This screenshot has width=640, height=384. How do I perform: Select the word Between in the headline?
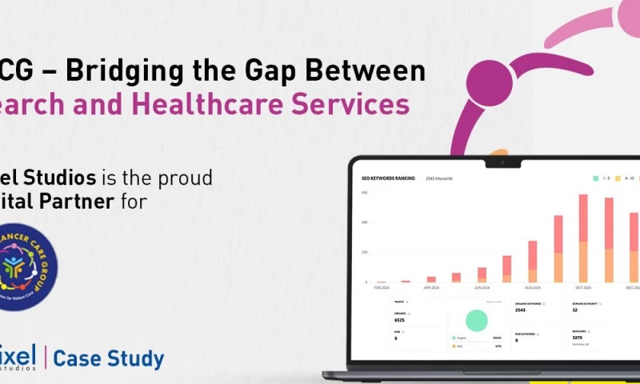coord(372,70)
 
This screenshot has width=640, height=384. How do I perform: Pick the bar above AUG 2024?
coord(532,261)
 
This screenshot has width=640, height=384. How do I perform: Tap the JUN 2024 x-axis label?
coord(482,287)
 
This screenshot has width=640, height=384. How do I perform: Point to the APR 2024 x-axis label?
coord(431,287)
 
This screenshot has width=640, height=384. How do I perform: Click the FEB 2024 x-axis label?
coord(381,287)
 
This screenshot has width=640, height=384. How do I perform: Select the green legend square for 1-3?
coord(595,178)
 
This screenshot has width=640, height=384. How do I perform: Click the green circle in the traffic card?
coord(477,321)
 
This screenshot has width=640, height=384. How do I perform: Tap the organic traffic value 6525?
coord(400,320)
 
